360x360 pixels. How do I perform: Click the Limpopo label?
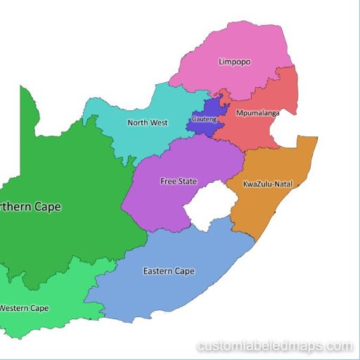pos(234,62)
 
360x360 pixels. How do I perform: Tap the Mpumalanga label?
pos(257,112)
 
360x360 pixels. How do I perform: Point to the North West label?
pos(147,122)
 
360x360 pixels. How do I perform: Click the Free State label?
pos(179,181)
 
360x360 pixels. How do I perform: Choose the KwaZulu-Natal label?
pos(267,184)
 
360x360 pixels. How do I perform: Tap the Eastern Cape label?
pos(169,271)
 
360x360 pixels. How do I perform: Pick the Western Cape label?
pos(25,308)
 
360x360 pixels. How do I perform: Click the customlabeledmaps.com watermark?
pos(275,346)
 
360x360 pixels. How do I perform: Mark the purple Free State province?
pos(162,200)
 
